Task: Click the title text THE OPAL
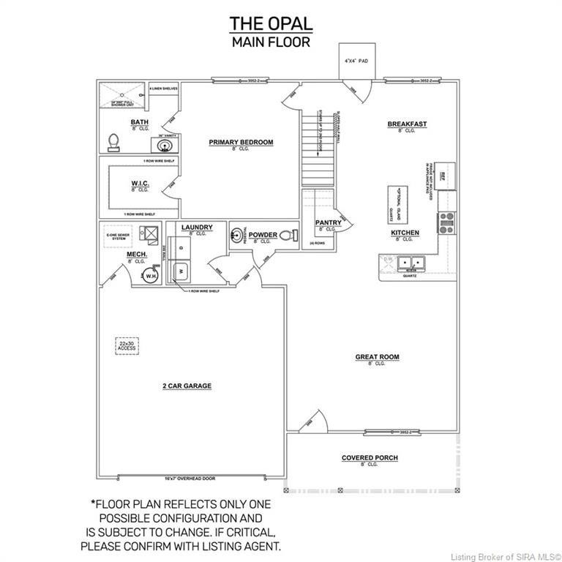coord(271,23)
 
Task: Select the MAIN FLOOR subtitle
coord(271,42)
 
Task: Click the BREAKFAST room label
coord(407,124)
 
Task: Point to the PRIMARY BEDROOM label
coord(241,142)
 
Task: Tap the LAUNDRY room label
coord(196,228)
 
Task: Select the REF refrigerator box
coord(446,174)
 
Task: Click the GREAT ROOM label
coord(377,357)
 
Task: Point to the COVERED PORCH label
coord(370,458)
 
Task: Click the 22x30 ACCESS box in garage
coord(128,345)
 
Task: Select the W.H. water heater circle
coord(151,276)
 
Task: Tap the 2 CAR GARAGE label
coord(187,386)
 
